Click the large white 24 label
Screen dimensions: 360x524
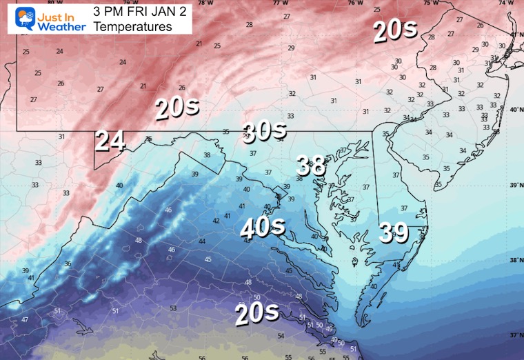pos(110,141)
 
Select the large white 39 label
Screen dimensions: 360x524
pos(394,234)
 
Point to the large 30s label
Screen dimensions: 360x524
pos(263,130)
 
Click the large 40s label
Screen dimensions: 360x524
pos(261,227)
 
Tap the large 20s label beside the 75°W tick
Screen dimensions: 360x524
pos(395,32)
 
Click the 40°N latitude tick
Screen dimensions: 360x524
pos(516,110)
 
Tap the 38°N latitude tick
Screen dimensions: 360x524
pos(516,260)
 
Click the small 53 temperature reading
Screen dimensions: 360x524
pos(173,308)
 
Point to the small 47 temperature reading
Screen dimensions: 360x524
pos(25,319)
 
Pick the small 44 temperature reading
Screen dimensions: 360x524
pos(202,241)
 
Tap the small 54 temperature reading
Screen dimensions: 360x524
pos(281,336)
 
